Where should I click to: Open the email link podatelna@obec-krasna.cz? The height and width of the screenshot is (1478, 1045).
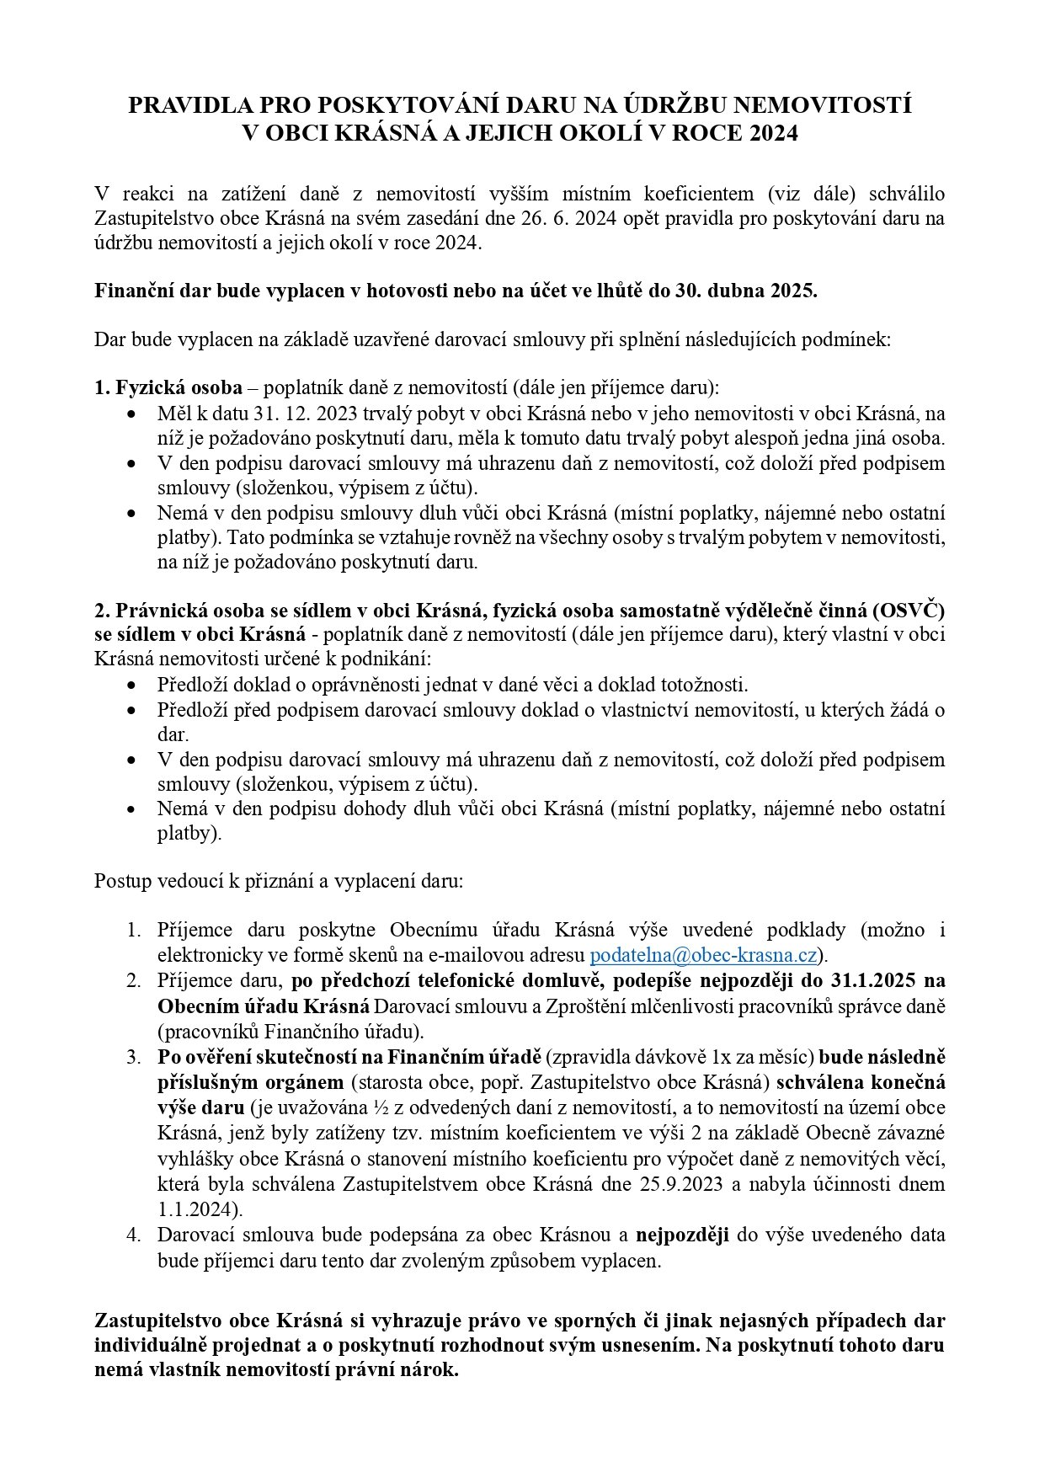point(704,955)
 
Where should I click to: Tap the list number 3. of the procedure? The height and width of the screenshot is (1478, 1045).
point(134,1056)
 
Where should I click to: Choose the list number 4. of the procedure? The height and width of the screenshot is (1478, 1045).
point(134,1235)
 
